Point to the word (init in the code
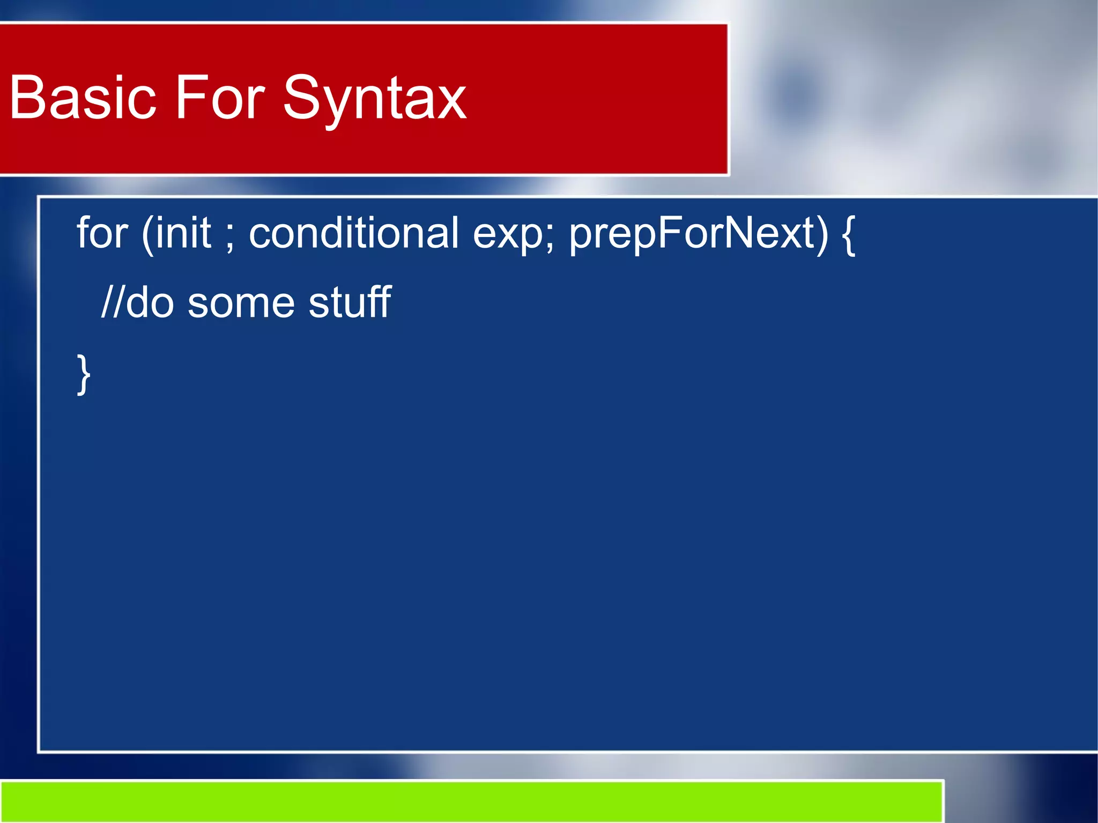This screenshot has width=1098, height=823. pos(176,234)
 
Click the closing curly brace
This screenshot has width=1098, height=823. pos(84,374)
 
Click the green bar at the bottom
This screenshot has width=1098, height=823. pos(472,801)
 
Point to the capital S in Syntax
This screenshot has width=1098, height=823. pos(302,98)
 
